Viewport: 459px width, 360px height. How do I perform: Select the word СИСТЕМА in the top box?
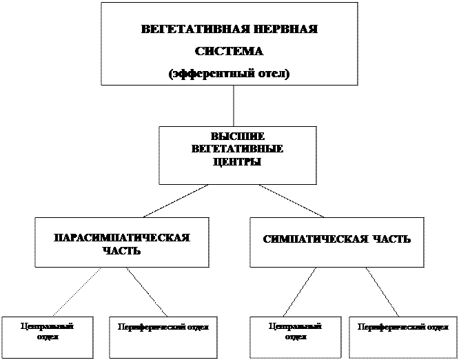click(x=229, y=52)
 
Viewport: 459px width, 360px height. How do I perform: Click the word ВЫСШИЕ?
click(x=237, y=137)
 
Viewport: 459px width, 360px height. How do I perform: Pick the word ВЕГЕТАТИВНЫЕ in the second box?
click(x=237, y=149)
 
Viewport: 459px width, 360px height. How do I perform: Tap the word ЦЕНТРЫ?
click(x=237, y=161)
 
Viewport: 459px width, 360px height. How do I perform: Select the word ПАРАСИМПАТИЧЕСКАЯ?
click(x=122, y=237)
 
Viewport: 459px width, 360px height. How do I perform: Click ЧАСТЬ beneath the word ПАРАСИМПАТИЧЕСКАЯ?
click(x=121, y=250)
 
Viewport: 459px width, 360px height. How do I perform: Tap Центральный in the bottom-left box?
click(x=48, y=326)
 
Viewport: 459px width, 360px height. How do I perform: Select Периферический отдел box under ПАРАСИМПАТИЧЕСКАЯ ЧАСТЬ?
click(x=159, y=337)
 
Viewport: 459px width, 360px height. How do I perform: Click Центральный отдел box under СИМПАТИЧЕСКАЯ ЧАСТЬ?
click(x=295, y=337)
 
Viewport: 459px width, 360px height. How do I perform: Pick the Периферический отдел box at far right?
click(x=402, y=337)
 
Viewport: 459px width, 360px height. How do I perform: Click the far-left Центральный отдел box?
click(x=47, y=337)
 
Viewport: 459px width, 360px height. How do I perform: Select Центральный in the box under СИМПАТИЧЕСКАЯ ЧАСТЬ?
click(x=295, y=326)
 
